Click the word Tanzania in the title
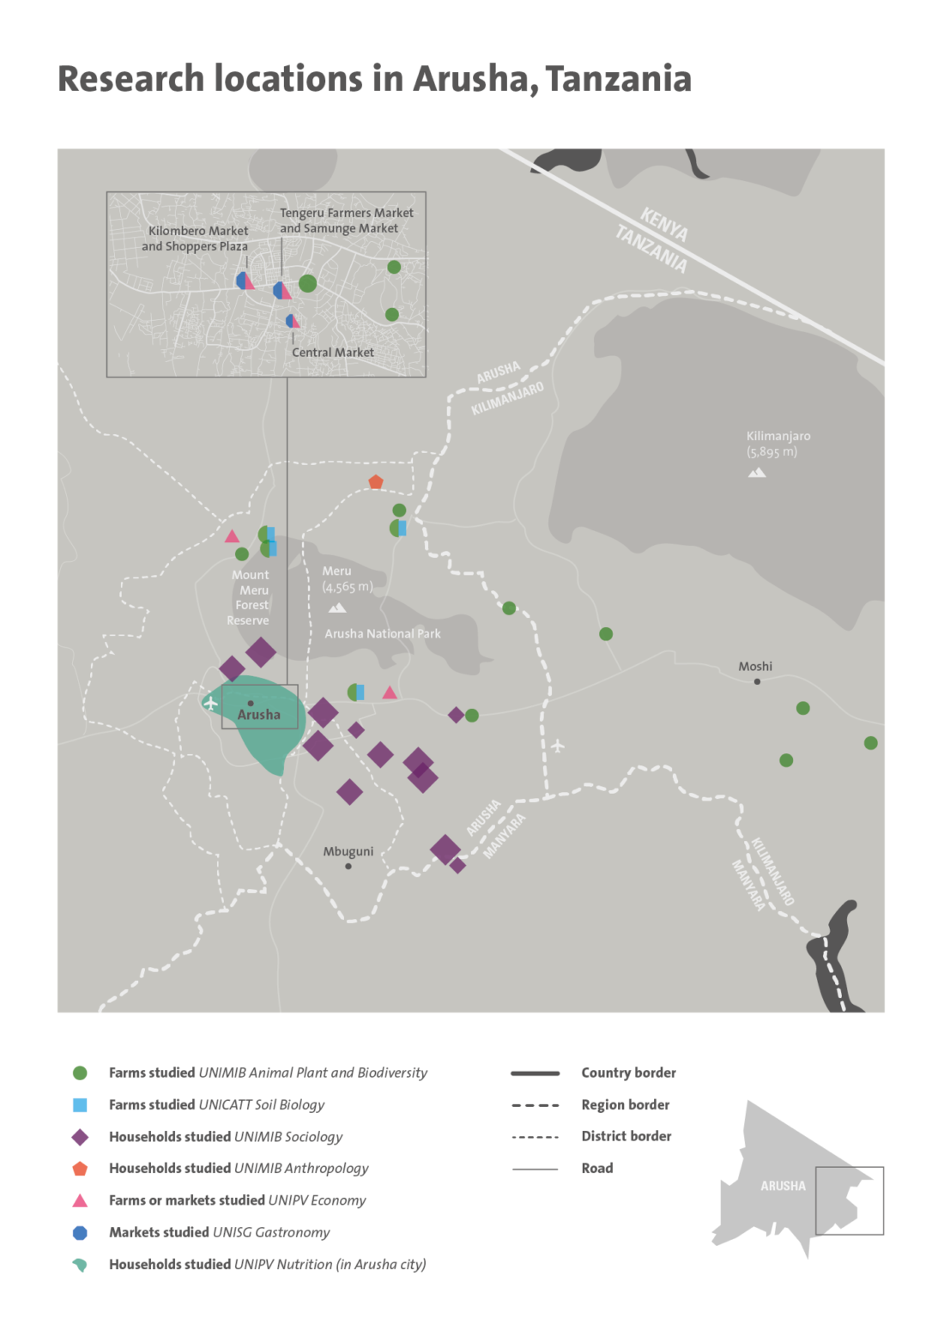[x=618, y=79]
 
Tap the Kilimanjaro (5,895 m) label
[x=777, y=444]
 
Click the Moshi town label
[x=755, y=667]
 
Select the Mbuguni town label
[x=348, y=852]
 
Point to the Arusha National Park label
[x=383, y=634]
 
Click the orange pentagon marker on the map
[x=376, y=482]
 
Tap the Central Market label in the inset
[x=333, y=353]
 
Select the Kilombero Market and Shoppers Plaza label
[x=196, y=239]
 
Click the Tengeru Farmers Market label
[x=347, y=213]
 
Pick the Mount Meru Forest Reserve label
[x=250, y=597]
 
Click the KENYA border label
[x=664, y=224]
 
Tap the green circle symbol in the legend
[x=80, y=1073]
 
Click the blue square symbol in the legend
[x=80, y=1105]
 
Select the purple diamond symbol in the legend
[x=80, y=1137]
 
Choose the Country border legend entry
[x=628, y=1073]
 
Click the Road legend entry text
[x=597, y=1169]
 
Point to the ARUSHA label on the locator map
[x=783, y=1186]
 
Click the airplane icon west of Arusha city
[x=210, y=704]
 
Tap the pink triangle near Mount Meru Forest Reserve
[x=232, y=536]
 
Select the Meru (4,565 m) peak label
[x=347, y=579]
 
